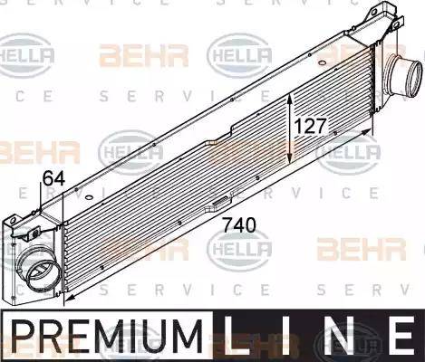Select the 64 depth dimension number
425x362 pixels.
coord(53,180)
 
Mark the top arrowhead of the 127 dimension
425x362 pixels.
coord(290,97)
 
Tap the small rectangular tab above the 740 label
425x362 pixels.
coord(220,203)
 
